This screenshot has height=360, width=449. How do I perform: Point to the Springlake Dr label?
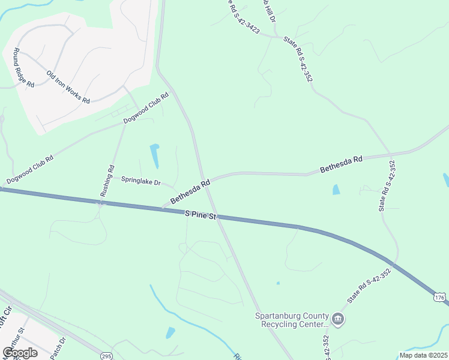click(x=141, y=181)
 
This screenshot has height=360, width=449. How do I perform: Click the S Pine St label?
click(x=200, y=214)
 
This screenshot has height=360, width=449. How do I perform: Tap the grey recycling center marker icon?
click(x=338, y=319)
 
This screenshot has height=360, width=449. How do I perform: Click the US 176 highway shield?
click(x=440, y=298)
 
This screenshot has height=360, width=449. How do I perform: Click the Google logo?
click(x=20, y=353)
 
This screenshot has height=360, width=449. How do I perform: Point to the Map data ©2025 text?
click(x=423, y=355)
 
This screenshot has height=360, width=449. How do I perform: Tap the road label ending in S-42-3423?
click(x=243, y=16)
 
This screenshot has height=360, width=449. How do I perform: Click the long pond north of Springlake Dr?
click(x=155, y=156)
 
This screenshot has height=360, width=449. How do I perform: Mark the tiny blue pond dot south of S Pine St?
click(x=277, y=283)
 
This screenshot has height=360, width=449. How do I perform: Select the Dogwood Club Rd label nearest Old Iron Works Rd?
click(x=146, y=108)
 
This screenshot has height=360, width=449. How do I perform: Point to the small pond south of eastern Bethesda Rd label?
click(x=336, y=190)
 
